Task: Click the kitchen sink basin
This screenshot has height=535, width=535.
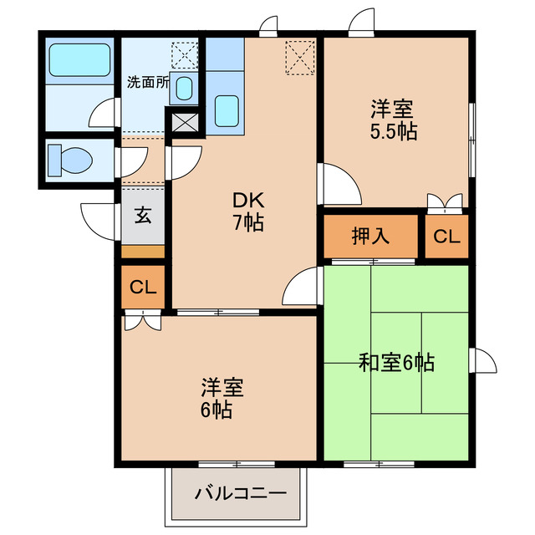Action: (226, 110)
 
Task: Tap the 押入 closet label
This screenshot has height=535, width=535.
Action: (370, 237)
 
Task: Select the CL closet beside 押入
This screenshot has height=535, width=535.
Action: (446, 237)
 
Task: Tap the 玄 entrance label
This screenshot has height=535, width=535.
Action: (144, 215)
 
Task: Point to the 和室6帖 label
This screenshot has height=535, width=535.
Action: (396, 363)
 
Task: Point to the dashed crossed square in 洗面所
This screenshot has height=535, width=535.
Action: (183, 55)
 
